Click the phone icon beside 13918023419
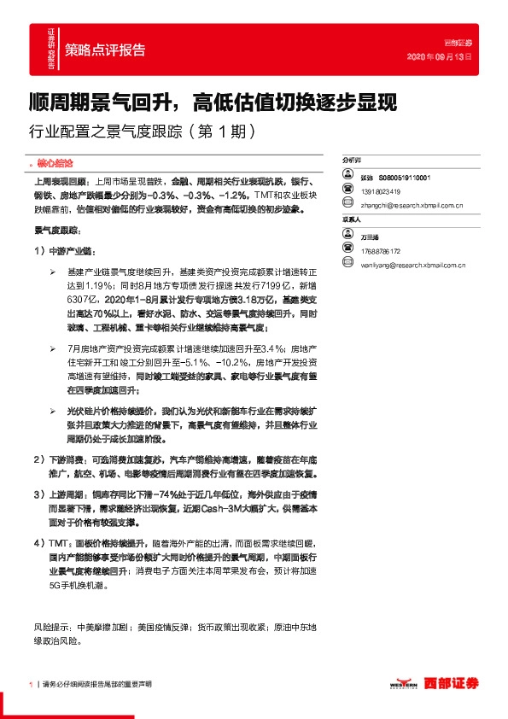pyautogui.click(x=348, y=191)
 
